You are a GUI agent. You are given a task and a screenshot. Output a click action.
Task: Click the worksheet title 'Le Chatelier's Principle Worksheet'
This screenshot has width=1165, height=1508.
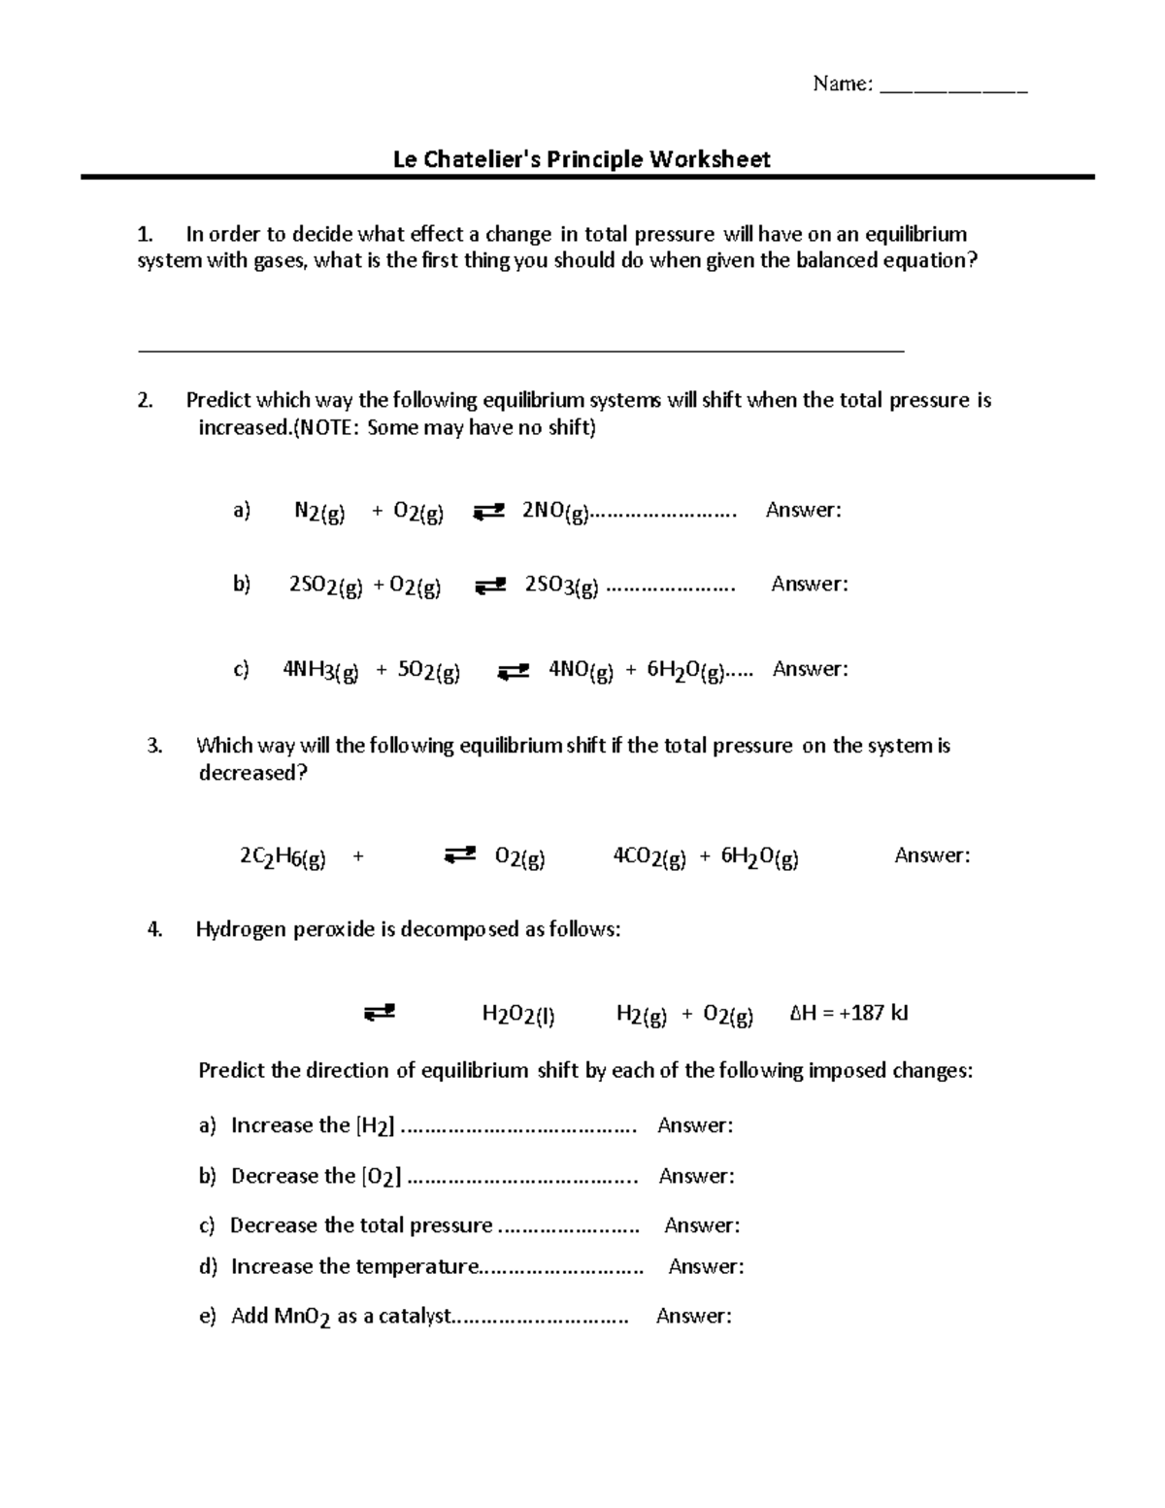click(x=581, y=159)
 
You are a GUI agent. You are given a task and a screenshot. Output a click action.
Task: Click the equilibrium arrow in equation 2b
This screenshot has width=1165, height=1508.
click(x=490, y=586)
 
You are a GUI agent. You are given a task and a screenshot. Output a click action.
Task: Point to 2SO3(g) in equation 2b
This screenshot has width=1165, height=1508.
click(x=561, y=586)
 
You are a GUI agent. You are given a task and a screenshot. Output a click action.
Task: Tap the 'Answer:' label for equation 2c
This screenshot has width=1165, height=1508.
click(x=810, y=669)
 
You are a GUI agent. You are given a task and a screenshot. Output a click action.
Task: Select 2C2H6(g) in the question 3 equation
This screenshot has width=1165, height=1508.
click(x=283, y=857)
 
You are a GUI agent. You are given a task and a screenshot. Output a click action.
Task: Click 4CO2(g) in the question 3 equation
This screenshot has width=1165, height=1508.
click(x=649, y=857)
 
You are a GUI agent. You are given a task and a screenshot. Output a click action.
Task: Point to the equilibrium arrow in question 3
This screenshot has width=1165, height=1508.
click(x=459, y=855)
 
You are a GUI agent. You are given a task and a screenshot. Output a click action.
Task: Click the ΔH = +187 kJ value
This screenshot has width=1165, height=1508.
click(x=849, y=1014)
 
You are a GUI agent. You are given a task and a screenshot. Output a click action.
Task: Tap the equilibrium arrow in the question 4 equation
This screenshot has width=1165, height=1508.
click(x=379, y=1013)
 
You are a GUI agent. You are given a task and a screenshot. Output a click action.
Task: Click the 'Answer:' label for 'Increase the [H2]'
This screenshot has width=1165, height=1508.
click(x=695, y=1125)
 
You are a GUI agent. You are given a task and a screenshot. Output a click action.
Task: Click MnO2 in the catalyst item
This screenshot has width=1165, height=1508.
click(x=303, y=1318)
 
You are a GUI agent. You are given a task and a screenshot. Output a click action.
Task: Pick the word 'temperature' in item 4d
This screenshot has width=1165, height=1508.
click(x=416, y=1267)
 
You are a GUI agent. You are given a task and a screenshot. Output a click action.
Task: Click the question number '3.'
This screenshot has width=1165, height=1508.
click(x=153, y=746)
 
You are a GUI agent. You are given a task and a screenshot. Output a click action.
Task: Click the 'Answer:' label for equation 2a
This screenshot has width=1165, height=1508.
click(x=803, y=511)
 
